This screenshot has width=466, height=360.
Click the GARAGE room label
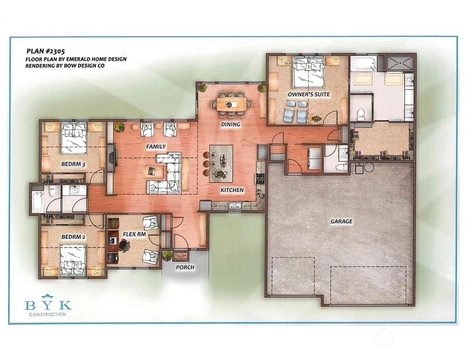342,221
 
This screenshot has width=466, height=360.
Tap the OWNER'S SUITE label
308,94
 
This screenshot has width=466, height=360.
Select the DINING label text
231,124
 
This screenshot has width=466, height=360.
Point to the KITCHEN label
232,190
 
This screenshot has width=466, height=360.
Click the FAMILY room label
156,146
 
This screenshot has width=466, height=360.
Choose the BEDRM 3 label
74,164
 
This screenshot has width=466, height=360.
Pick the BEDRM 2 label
74,237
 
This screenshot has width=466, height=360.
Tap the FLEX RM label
135,234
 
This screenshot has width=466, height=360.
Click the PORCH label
185,267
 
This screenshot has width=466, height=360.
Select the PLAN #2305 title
46,51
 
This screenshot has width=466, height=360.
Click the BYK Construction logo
48,304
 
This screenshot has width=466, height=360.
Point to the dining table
231,104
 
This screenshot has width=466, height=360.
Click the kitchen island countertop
221,164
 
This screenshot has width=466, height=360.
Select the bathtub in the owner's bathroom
363,64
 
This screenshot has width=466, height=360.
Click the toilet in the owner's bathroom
361,114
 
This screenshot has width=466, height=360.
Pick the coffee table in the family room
153,172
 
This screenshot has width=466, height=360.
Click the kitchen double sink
234,205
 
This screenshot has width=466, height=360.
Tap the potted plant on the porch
167,255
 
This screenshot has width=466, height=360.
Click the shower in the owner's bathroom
400,63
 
